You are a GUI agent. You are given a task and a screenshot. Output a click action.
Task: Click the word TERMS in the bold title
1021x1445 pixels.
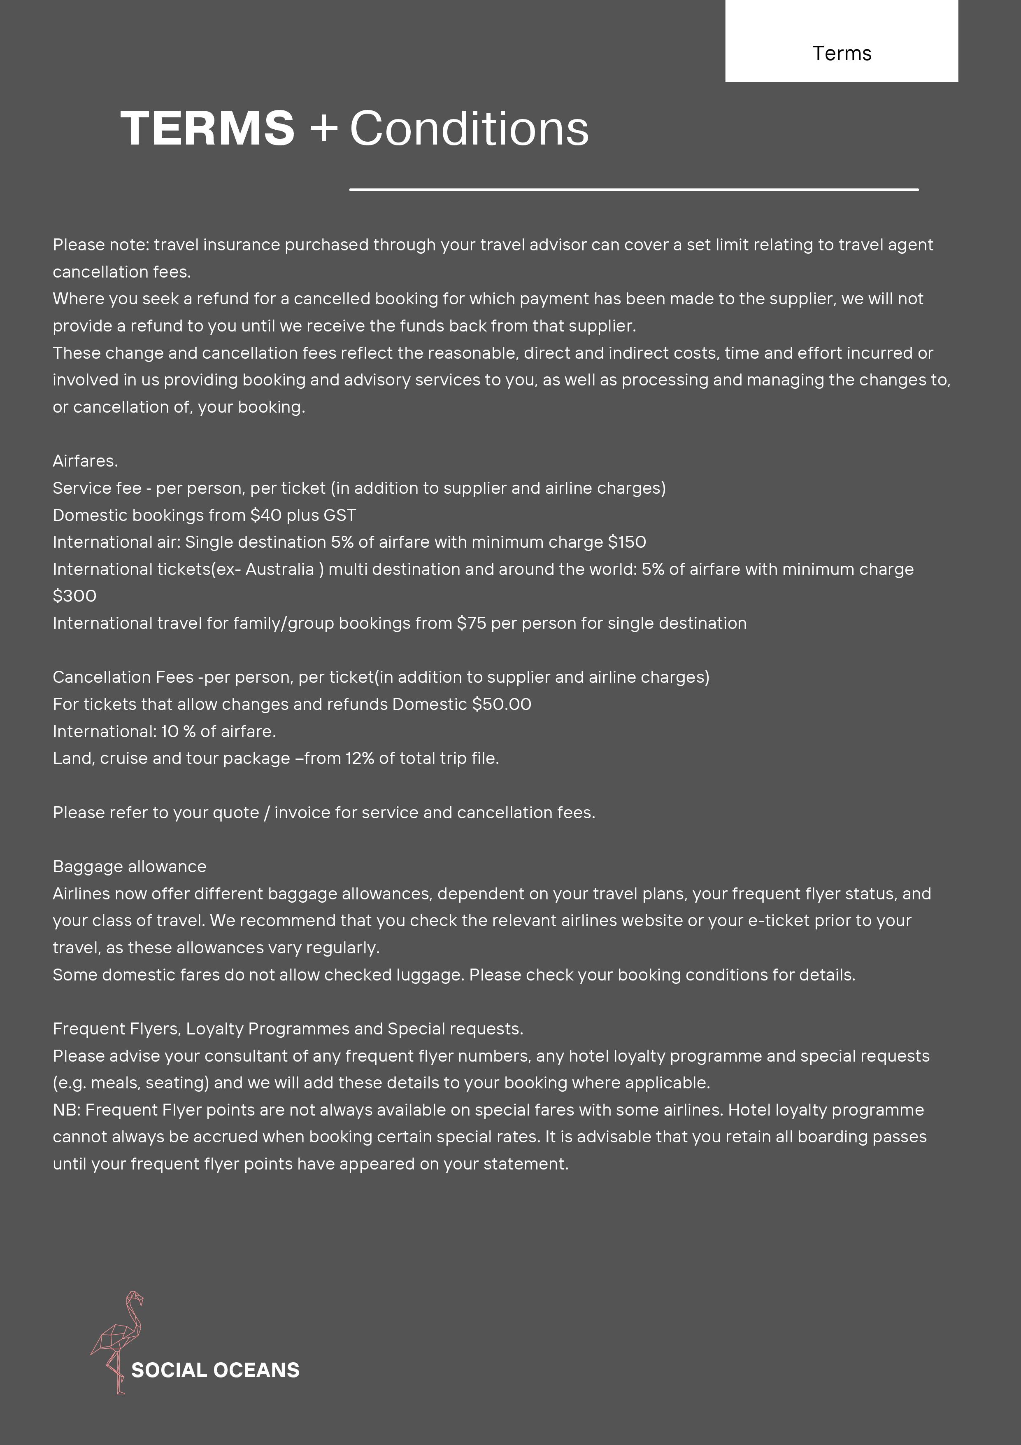(207, 128)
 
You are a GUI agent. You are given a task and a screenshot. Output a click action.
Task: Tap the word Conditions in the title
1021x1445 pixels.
(469, 128)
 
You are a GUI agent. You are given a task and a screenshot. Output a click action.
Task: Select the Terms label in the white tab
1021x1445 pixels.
(841, 54)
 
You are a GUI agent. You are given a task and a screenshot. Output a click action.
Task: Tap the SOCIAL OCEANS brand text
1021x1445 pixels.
(215, 1370)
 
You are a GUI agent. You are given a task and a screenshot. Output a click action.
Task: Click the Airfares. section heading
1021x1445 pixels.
(85, 461)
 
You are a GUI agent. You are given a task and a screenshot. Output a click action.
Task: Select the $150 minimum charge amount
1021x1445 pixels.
(627, 542)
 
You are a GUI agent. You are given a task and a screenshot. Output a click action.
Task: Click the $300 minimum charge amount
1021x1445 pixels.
(74, 596)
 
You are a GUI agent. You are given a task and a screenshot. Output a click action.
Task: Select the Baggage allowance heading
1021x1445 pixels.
(129, 866)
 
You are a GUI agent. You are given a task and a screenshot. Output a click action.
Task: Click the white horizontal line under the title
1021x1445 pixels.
(633, 189)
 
